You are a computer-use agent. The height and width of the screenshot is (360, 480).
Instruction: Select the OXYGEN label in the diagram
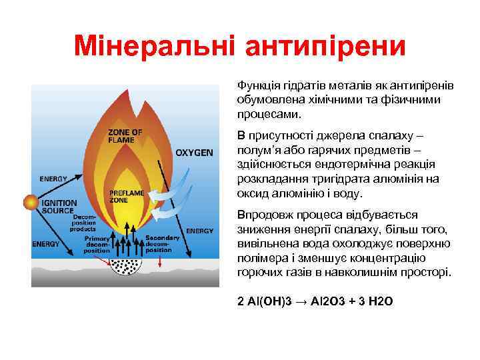point(194,153)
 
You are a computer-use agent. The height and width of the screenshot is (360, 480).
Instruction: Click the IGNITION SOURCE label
point(61,206)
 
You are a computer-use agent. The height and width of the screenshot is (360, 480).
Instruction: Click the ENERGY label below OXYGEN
point(199,231)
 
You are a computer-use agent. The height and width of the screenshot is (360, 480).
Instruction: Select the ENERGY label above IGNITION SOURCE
point(53,179)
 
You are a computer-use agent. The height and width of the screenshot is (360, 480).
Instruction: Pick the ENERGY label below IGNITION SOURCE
point(46,244)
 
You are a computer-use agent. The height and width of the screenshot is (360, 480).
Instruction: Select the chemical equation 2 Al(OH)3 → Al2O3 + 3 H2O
point(315,301)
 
